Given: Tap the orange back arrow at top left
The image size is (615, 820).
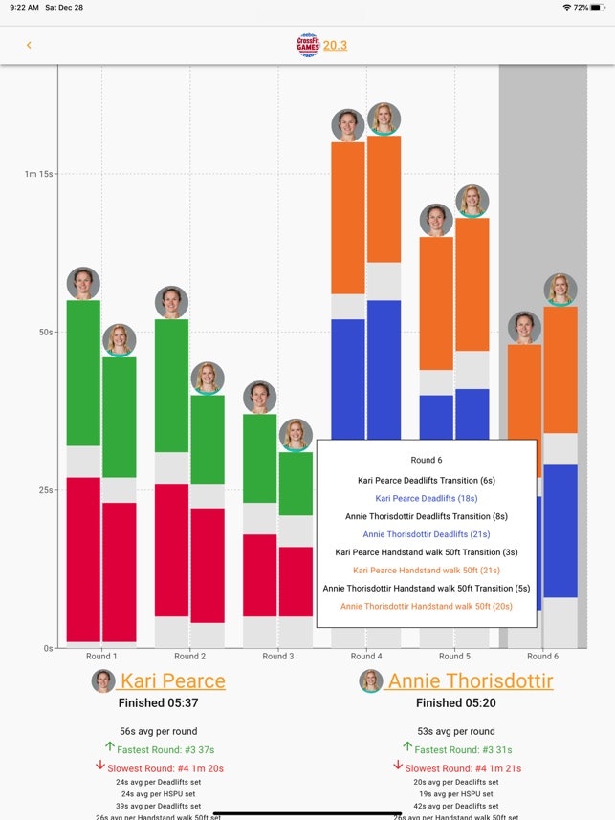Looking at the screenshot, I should pos(29,45).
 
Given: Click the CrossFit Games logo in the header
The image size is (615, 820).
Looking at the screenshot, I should pos(308,45).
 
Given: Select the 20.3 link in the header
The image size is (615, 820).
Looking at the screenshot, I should pos(335,45).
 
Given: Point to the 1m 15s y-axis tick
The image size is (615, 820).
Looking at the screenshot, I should pos(39,174).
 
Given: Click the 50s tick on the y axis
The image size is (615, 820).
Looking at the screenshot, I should pos(44,332).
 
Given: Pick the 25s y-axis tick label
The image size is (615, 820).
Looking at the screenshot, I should pos(44,490).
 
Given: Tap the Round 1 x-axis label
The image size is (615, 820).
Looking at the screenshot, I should pos(101,657).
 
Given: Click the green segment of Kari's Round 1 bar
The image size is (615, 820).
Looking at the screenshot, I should pos(83,373).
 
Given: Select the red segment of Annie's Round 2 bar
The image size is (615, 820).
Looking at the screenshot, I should pos(207,564).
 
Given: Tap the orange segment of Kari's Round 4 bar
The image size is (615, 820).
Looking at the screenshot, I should pos(348,218).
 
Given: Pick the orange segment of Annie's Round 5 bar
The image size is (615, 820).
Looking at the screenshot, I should pos(472,284).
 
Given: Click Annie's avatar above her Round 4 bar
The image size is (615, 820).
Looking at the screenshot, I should pos(384,119).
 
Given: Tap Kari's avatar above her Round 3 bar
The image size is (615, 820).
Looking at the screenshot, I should pos(259,397).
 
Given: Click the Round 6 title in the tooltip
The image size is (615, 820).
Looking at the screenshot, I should pos(427,460).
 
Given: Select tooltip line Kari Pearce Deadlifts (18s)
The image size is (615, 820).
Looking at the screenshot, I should pos(427,498).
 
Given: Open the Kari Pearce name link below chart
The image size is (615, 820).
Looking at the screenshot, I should pos(172,681).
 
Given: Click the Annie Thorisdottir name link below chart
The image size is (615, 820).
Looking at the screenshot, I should pos(470,681).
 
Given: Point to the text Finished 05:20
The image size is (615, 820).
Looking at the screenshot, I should pos(455,703).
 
